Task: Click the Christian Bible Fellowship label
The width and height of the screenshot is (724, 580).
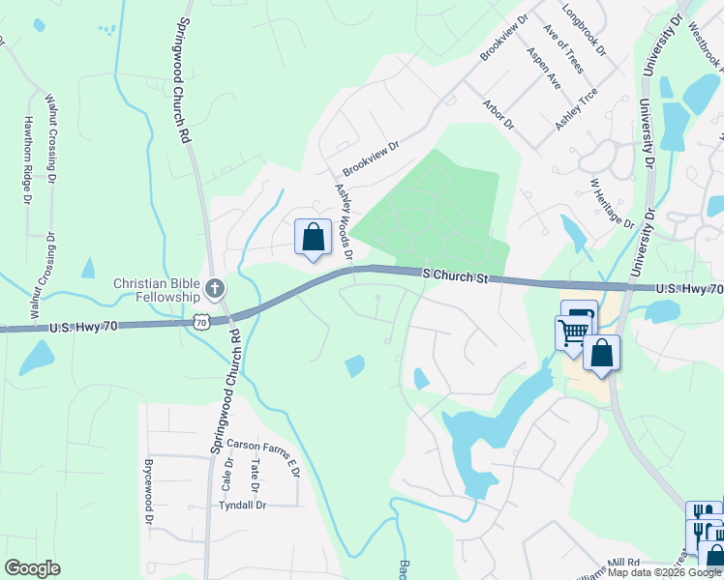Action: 157,290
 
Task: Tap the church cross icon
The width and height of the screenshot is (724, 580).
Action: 215,288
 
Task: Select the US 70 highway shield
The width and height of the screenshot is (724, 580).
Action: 200,322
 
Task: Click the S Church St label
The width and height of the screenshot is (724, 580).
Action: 456,275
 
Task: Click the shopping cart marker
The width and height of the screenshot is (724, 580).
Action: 572,333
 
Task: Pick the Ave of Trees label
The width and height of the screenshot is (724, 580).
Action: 564,50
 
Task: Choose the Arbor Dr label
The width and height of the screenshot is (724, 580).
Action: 499,114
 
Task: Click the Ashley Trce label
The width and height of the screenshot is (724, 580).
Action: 576,109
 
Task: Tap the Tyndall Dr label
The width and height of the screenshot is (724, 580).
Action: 242,506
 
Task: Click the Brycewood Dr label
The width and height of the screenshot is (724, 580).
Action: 149,492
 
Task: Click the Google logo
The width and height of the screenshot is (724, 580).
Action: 32,568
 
